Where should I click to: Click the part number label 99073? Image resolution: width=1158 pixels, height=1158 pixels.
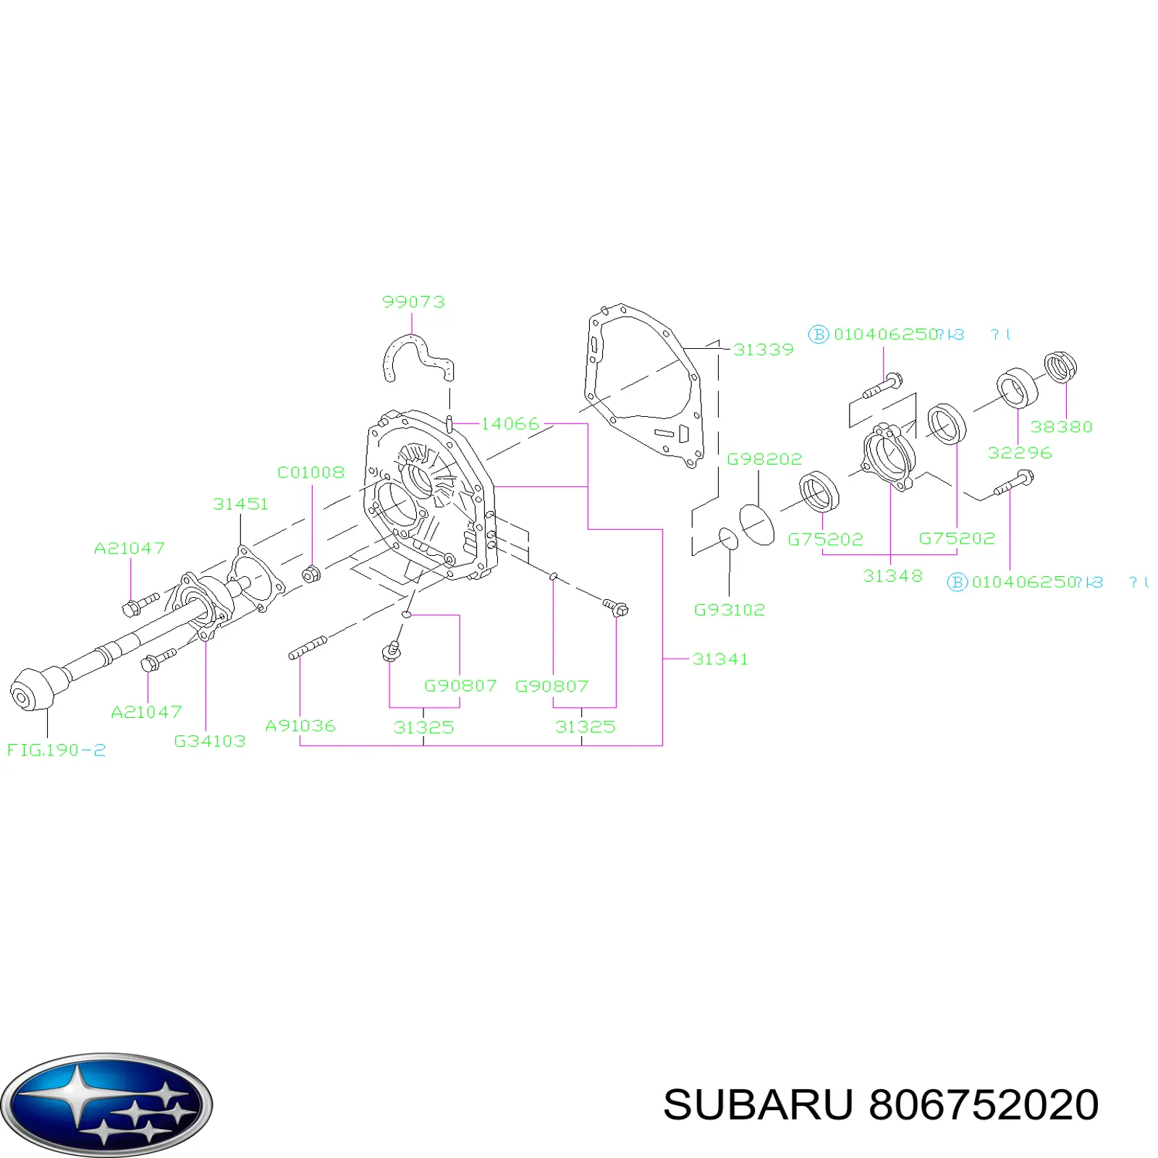tap(413, 302)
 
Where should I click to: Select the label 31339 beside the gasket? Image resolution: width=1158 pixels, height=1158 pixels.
tap(763, 350)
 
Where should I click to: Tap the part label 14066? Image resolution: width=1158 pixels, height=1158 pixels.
tap(510, 424)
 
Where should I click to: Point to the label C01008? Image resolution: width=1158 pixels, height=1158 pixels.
tap(310, 473)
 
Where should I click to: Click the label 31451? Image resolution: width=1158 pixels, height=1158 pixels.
tap(240, 504)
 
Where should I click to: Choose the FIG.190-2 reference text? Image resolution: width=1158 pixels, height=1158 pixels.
tap(56, 751)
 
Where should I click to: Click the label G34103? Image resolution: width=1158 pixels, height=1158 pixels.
tap(210, 741)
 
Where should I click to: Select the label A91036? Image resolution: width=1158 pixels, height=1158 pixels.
tap(300, 726)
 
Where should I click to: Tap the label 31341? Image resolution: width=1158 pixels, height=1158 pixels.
tap(720, 659)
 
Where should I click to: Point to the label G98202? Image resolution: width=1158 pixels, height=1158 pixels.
tap(764, 459)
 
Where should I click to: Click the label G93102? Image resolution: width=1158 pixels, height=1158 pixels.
tap(730, 610)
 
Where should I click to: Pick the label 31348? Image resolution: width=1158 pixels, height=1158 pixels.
tap(892, 576)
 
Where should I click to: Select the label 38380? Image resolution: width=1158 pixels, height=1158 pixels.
tap(1061, 427)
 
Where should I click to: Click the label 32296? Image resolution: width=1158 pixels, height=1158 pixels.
tap(1019, 453)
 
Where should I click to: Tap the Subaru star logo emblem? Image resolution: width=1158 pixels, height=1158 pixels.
tap(106, 1104)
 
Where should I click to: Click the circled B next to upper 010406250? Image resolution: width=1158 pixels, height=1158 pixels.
tap(818, 334)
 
